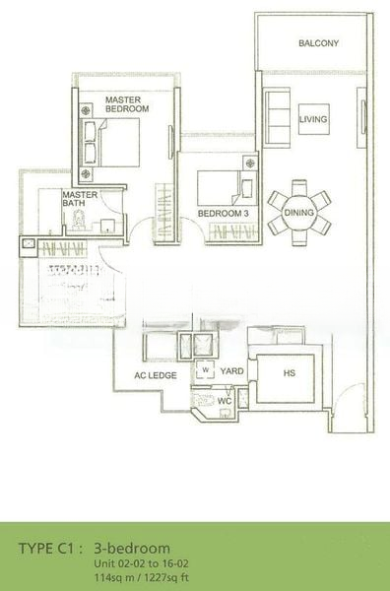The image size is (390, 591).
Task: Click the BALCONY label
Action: point(318,43)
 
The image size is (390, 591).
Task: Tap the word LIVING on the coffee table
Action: point(313,119)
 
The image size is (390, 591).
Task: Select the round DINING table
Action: point(298,213)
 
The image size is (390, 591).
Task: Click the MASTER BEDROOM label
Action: point(127,104)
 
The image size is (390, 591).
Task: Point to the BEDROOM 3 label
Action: point(224,214)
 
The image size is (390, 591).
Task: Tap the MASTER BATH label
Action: point(80,199)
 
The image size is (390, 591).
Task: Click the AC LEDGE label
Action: point(156,375)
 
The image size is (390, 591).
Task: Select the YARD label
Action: point(231,371)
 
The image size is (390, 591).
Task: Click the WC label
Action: point(225,401)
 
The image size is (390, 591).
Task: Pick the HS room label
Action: point(289,373)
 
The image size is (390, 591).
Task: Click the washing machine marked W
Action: point(206,369)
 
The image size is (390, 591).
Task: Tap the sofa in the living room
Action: point(277,117)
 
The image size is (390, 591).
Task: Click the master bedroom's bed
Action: point(110,143)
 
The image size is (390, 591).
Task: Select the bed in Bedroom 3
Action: point(227,188)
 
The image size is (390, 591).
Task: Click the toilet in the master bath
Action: point(79,220)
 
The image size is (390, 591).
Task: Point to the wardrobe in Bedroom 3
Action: point(233,231)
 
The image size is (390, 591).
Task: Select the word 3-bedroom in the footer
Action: point(132,549)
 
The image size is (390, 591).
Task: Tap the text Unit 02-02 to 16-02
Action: point(141,563)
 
